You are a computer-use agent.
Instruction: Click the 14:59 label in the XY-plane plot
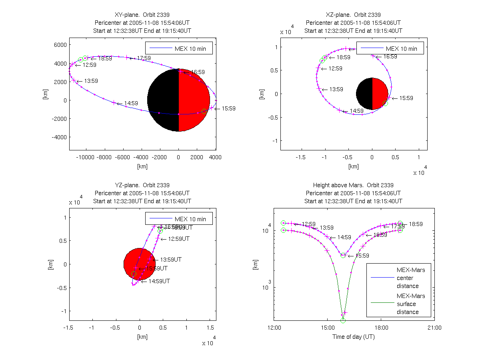pos(131,103)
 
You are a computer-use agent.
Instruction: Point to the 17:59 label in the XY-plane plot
pos(144,58)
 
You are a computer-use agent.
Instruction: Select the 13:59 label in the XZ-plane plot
pos(336,89)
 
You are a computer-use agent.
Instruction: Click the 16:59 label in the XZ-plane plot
pos(390,56)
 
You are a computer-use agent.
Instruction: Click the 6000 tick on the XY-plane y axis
pos(60,45)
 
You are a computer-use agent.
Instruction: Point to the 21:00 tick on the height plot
pos(434,328)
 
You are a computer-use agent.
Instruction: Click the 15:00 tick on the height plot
pos(327,328)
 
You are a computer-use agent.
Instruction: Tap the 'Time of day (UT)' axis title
pos(354,337)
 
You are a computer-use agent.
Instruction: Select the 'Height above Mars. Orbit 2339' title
pos(353,185)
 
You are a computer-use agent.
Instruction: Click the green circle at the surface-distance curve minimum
pos(343,320)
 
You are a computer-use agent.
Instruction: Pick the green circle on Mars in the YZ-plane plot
pos(134,274)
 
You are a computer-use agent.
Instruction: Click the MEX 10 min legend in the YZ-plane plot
pos(179,219)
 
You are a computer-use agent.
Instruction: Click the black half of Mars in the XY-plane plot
pos(163,100)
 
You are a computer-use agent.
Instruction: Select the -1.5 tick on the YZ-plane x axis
pos(69,328)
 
